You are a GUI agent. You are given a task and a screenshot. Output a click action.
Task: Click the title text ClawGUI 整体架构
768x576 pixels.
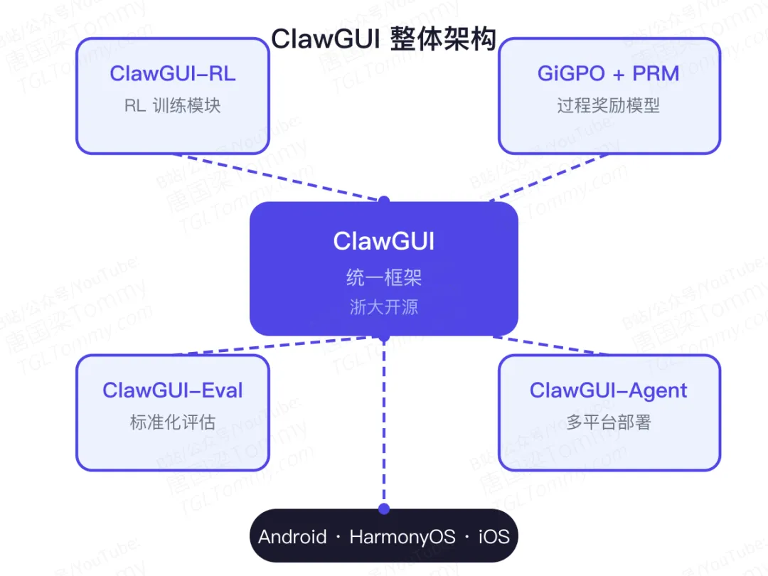[383, 38]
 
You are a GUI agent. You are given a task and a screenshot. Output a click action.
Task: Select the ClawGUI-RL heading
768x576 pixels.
[172, 73]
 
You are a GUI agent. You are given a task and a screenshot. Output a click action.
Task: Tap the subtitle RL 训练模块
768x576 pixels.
[172, 106]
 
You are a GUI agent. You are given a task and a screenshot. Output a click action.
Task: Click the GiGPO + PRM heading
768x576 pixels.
[608, 73]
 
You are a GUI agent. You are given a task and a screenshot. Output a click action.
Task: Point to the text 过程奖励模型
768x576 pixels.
[608, 106]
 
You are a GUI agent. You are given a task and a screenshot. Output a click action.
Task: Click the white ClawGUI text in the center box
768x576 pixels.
[383, 241]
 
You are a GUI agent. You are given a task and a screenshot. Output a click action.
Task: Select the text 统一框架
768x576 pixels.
[383, 277]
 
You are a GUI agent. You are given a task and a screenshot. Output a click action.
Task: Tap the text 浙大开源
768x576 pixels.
[383, 307]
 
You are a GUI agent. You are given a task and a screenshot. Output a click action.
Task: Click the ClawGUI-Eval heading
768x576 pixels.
[172, 390]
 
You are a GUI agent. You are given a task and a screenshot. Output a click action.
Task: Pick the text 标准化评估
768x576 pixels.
[172, 422]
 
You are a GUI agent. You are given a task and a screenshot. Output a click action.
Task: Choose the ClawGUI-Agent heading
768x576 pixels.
[608, 390]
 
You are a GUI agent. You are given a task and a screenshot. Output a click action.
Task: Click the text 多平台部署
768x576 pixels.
[608, 422]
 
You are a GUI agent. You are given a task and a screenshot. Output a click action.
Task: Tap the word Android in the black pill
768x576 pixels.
[292, 536]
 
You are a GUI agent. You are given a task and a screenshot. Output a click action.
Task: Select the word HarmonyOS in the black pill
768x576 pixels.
[402, 536]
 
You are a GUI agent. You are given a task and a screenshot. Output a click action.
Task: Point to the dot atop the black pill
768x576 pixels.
[384, 508]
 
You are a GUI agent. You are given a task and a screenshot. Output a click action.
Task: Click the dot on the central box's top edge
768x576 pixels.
[384, 201]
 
